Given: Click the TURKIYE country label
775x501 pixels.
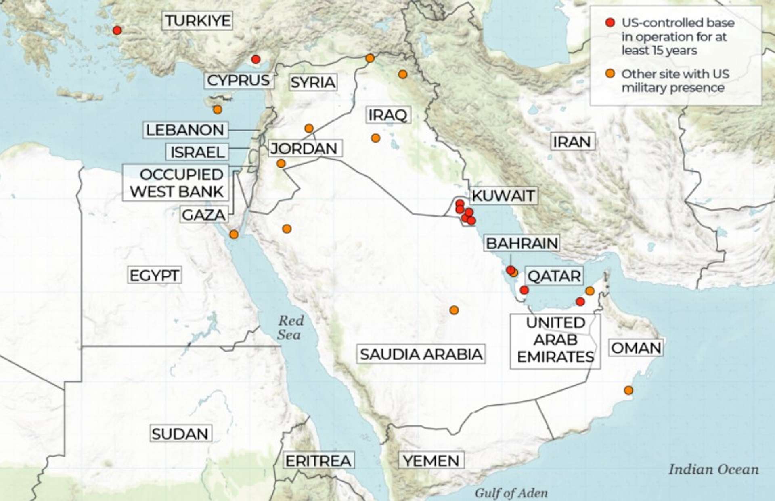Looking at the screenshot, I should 197,20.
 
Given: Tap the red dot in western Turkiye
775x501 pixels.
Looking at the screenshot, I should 117,30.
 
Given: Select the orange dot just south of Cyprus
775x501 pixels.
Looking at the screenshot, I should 218,109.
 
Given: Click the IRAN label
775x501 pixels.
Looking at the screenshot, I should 572,142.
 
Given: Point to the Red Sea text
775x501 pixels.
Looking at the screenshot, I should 290,328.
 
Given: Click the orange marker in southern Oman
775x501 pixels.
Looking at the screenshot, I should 628,390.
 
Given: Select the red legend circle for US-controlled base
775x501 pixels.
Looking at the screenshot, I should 610,23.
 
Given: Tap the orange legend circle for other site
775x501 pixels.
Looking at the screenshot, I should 610,74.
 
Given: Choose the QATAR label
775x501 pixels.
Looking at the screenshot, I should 554,276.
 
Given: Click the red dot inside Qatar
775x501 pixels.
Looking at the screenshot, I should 524,290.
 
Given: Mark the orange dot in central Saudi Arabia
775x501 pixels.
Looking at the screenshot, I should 454,310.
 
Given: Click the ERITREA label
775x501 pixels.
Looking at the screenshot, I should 318,461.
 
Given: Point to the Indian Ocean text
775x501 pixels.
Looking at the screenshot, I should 714,469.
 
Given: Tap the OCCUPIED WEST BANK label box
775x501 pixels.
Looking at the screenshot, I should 176,183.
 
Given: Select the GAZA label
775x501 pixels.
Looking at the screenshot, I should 203,215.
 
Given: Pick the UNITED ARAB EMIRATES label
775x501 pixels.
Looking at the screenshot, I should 555,340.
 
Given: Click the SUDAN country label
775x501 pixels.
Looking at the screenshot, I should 180,434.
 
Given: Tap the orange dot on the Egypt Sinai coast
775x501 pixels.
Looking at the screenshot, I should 234,234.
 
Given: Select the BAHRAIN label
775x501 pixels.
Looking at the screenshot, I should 522,243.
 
